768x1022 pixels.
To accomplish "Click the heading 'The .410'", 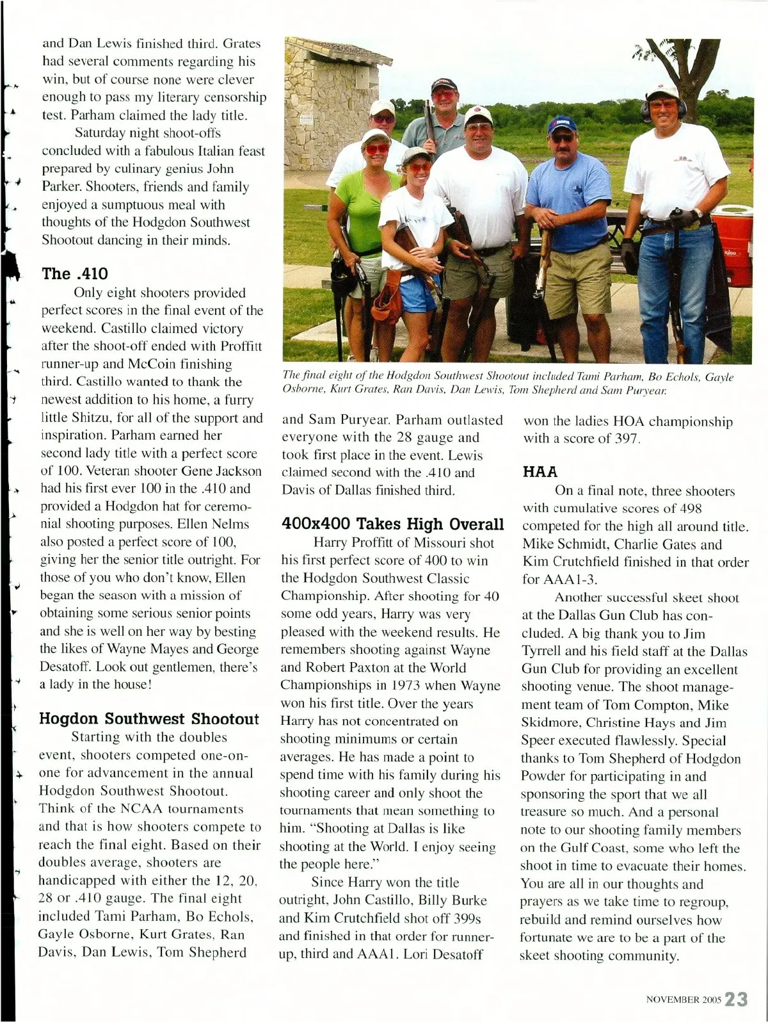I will coord(75,273).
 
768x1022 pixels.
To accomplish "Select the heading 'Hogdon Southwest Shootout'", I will coord(149,718).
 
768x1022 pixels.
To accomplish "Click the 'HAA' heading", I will coord(540,472).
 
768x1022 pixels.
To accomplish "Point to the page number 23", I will coord(737,999).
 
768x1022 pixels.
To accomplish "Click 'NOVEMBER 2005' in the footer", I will coord(684,1000).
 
